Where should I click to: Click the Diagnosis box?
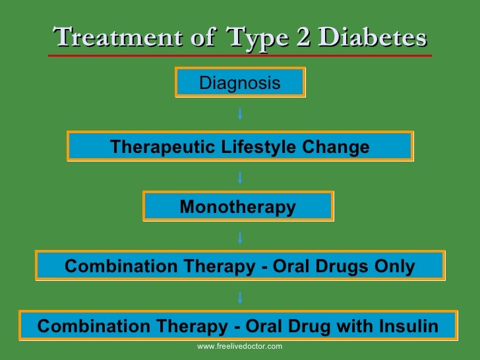tap(240, 83)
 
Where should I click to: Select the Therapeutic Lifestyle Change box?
tap(240, 146)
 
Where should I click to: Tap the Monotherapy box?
tap(238, 207)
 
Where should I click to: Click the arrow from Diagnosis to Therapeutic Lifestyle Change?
tap(240, 114)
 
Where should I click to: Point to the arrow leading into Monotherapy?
tap(240, 177)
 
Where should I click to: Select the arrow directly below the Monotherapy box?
tap(240, 237)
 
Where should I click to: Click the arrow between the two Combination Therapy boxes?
tap(240, 297)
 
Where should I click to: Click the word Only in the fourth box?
tap(395, 266)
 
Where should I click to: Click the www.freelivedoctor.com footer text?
tap(240, 346)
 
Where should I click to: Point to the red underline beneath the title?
tap(240, 56)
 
